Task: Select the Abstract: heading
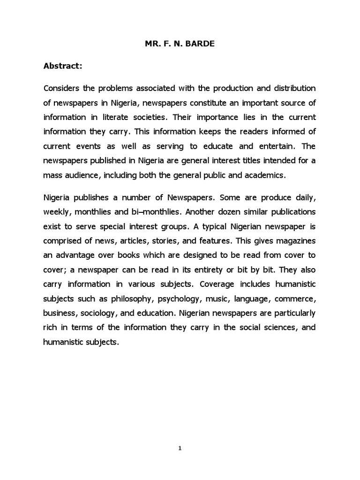(63, 67)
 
